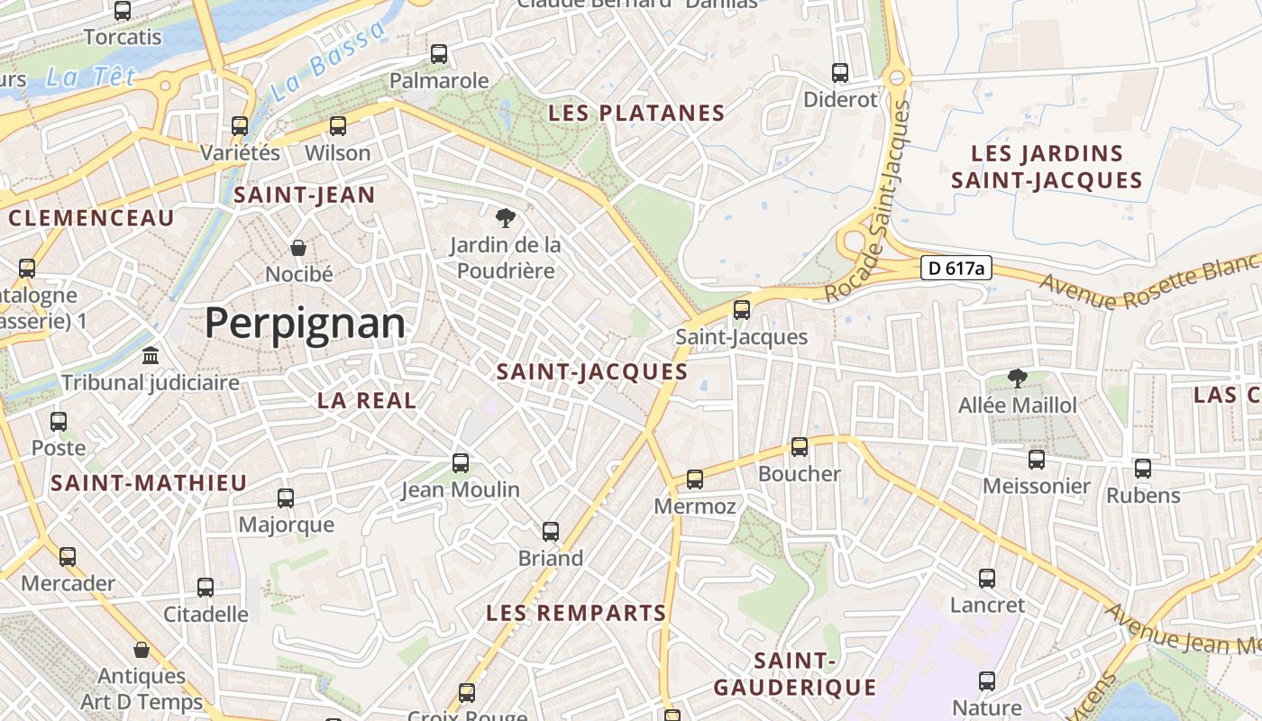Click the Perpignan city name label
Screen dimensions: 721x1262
(x=305, y=323)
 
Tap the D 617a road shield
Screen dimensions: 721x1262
(x=956, y=268)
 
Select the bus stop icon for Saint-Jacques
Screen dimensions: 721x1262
(x=742, y=310)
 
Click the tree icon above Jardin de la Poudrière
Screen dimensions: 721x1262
(x=505, y=217)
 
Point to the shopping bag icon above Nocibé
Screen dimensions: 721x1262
(x=298, y=247)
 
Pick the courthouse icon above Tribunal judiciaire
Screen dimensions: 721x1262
(x=151, y=356)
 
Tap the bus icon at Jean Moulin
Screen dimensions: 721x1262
(x=461, y=463)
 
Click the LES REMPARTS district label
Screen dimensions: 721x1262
(x=576, y=614)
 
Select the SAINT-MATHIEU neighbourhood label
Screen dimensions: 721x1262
(x=149, y=483)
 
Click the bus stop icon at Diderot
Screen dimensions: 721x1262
(x=840, y=73)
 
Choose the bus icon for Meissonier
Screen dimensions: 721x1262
(x=1037, y=460)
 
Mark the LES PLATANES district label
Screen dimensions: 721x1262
(x=636, y=114)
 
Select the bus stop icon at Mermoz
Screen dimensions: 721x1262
(x=695, y=479)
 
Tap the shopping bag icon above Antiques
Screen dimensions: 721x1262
(x=142, y=650)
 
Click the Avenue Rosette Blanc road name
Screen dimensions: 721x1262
(x=1150, y=281)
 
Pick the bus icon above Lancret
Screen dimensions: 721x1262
(x=987, y=579)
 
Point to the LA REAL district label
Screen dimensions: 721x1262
(x=367, y=401)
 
